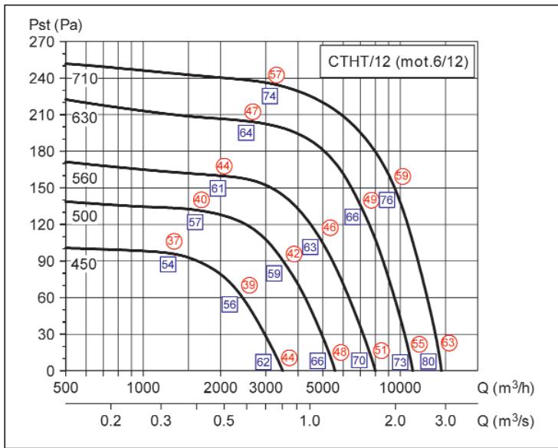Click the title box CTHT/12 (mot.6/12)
(397, 61)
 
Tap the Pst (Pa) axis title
(55, 25)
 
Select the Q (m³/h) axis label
(506, 387)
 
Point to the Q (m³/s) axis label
(505, 420)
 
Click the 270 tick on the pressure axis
(41, 41)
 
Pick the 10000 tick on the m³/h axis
(400, 387)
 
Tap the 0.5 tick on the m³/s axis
(224, 421)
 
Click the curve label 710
(84, 78)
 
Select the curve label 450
(84, 264)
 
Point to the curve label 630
(84, 117)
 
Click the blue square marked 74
(270, 96)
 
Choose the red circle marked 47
(253, 111)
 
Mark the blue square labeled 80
(428, 361)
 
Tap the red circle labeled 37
(174, 241)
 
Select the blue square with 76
(387, 199)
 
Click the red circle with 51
(381, 350)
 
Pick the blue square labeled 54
(168, 264)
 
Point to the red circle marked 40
(201, 199)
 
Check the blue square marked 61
(218, 188)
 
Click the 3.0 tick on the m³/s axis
(445, 421)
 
